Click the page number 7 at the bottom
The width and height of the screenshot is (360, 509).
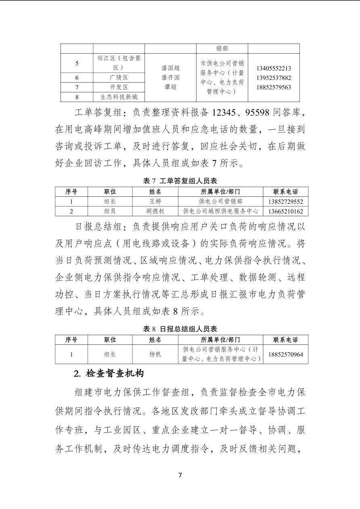(180, 475)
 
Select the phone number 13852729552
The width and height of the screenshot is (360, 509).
(285, 201)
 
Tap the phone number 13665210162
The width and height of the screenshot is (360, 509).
(285, 211)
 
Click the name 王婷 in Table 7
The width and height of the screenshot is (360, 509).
(155, 201)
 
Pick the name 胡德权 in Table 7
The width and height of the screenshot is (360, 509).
(155, 211)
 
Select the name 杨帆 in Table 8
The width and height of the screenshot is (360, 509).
(155, 355)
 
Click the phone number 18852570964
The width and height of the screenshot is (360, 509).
(285, 355)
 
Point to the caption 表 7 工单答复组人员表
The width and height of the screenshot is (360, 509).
(180, 181)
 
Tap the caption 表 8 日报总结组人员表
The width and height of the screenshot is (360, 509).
(180, 329)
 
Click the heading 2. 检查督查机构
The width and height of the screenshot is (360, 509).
(109, 373)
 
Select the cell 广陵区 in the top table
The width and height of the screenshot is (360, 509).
(119, 77)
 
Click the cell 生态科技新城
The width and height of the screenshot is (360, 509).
(119, 97)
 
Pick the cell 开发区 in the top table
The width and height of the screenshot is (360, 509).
(119, 87)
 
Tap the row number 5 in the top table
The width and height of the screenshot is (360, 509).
(77, 63)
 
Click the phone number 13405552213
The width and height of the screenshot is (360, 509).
(274, 69)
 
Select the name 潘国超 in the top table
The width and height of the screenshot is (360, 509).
(170, 69)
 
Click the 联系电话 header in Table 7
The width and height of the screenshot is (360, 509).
(285, 191)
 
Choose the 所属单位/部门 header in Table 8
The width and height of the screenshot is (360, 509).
(220, 340)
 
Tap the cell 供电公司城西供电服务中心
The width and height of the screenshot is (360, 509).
(220, 211)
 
